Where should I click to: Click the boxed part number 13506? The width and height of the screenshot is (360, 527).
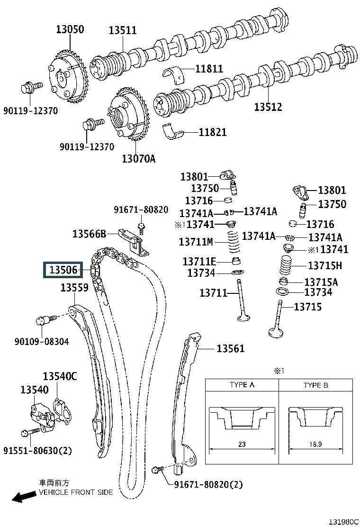pyautogui.click(x=63, y=270)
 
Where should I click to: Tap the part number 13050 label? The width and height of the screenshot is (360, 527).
pyautogui.click(x=70, y=29)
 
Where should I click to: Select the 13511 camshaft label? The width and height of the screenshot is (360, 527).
pyautogui.click(x=123, y=30)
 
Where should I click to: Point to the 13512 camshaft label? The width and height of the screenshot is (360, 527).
pyautogui.click(x=268, y=107)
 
